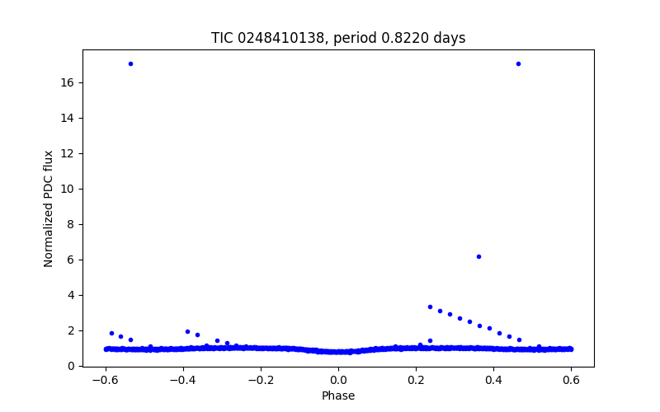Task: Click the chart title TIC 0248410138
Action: point(338,38)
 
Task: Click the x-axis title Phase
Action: point(338,396)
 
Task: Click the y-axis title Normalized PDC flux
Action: point(49,208)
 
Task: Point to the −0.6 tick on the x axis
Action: point(105,380)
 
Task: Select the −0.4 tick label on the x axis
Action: point(182,380)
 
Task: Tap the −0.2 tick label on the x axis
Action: point(260,380)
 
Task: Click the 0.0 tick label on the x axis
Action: point(338,380)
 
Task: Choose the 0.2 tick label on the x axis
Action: point(416,380)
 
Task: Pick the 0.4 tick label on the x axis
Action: point(493,380)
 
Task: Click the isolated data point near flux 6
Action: point(478,256)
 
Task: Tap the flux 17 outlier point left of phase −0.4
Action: point(130,63)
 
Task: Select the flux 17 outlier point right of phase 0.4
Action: point(518,63)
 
